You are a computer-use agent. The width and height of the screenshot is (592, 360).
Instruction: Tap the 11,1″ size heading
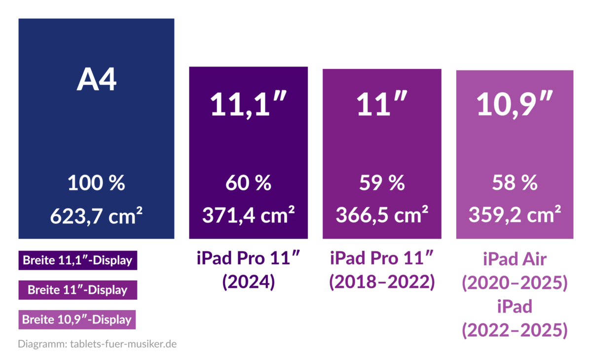[249, 104]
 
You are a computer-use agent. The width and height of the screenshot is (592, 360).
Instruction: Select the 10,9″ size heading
[515, 104]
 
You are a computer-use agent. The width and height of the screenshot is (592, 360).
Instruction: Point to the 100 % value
[97, 183]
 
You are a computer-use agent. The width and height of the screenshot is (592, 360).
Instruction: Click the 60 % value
[249, 183]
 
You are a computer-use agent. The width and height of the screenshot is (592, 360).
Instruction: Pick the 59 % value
[382, 183]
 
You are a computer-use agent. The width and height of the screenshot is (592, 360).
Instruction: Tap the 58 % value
[515, 183]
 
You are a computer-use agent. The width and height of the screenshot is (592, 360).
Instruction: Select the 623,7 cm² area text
[97, 215]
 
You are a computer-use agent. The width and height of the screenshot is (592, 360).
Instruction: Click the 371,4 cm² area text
[249, 215]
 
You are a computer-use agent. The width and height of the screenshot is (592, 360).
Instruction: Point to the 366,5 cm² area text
[382, 215]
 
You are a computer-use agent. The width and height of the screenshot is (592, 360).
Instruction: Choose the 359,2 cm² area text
[515, 215]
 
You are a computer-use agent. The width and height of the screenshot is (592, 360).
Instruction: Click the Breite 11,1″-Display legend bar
[77, 260]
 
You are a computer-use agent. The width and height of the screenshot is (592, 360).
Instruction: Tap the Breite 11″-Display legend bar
[77, 290]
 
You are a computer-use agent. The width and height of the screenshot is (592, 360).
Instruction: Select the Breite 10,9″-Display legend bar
[77, 320]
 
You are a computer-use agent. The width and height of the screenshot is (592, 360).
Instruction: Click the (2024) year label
[249, 282]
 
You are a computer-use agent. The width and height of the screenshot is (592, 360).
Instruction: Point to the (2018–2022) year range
[382, 282]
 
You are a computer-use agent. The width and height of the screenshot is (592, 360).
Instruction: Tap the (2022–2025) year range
[515, 330]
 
